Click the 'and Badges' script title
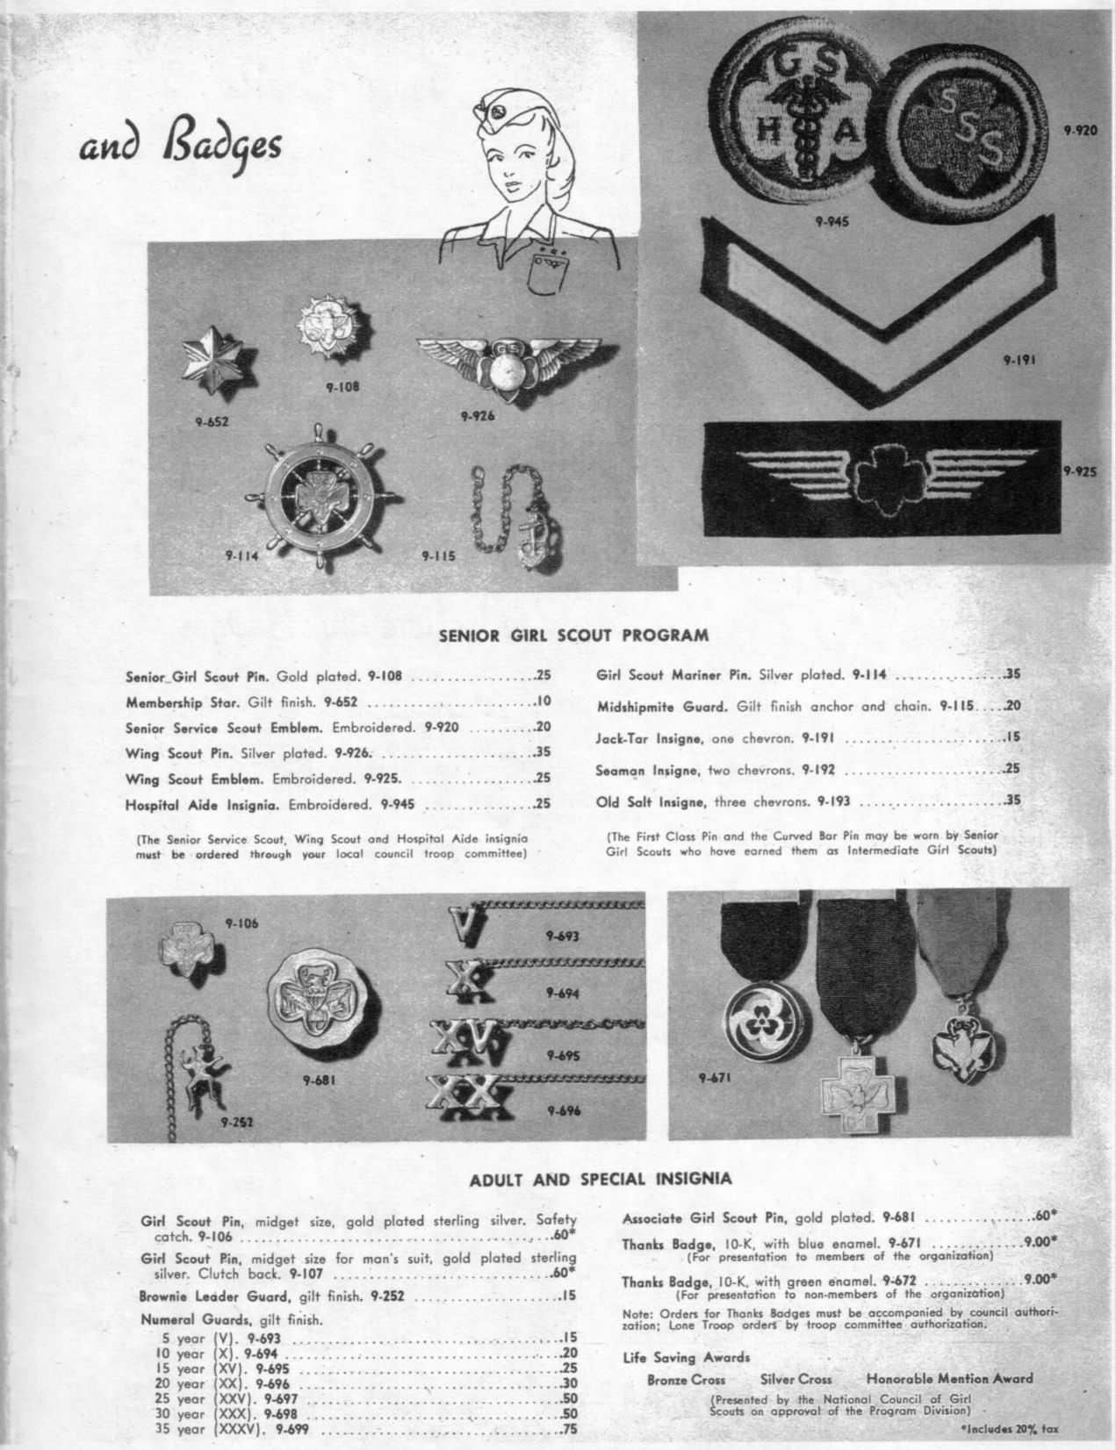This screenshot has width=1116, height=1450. [x=181, y=146]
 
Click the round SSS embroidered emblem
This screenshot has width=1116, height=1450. [x=961, y=133]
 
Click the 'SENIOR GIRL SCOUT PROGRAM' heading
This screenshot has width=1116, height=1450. [x=572, y=634]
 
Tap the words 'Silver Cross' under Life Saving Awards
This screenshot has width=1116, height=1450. [x=796, y=1380]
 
